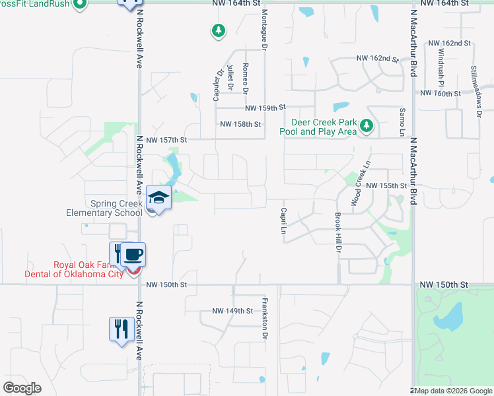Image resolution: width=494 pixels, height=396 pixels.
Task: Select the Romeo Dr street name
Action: pyautogui.click(x=245, y=77)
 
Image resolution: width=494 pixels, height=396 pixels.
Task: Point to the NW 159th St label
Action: pyautogui.click(x=264, y=108)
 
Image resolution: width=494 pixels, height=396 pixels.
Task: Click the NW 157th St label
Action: pyautogui.click(x=167, y=140)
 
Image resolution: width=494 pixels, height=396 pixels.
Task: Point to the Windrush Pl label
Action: pyautogui.click(x=441, y=69)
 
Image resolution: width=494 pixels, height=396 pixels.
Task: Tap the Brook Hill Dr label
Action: pyautogui.click(x=337, y=233)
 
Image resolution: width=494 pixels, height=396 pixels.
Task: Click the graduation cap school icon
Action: pyautogui.click(x=159, y=197)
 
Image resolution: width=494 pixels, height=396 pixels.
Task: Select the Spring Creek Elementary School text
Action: pyautogui.click(x=104, y=209)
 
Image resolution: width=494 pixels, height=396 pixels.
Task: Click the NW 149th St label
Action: pyautogui.click(x=232, y=311)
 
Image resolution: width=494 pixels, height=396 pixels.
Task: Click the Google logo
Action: pyautogui.click(x=22, y=388)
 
